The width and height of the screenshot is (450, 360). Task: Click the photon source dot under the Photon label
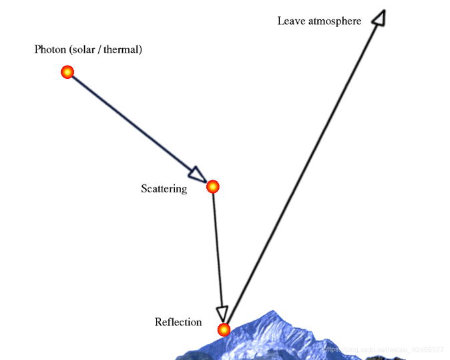pyautogui.click(x=67, y=72)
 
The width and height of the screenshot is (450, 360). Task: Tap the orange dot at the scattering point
pyautogui.click(x=212, y=186)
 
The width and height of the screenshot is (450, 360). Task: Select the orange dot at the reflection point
pyautogui.click(x=224, y=329)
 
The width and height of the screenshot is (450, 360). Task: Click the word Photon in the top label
pyautogui.click(x=50, y=49)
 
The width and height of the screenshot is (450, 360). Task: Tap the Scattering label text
pyautogui.click(x=164, y=189)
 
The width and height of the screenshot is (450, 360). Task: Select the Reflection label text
pyautogui.click(x=178, y=323)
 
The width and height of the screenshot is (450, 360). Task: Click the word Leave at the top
pyautogui.click(x=290, y=21)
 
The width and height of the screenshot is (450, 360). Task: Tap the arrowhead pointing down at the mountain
pyautogui.click(x=222, y=313)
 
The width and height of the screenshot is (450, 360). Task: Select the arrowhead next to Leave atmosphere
pyautogui.click(x=379, y=17)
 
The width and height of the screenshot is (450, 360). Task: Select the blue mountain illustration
pyautogui.click(x=280, y=337)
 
